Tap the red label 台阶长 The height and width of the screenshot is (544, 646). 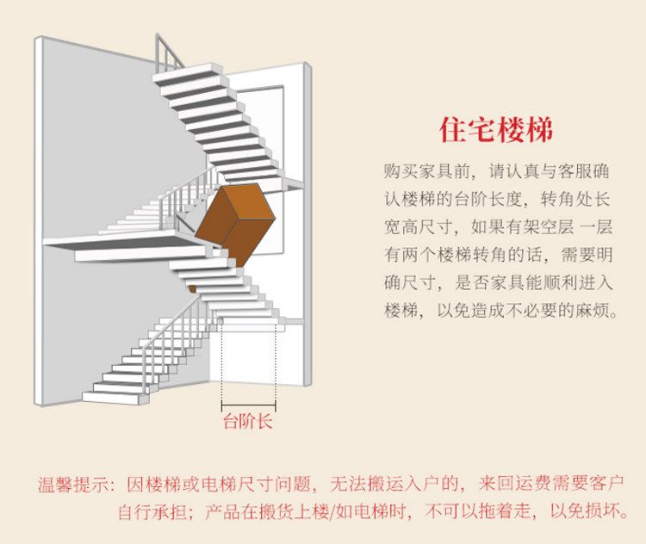click(248, 421)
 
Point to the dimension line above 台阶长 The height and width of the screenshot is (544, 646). click(248, 404)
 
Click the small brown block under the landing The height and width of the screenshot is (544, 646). click(192, 287)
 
